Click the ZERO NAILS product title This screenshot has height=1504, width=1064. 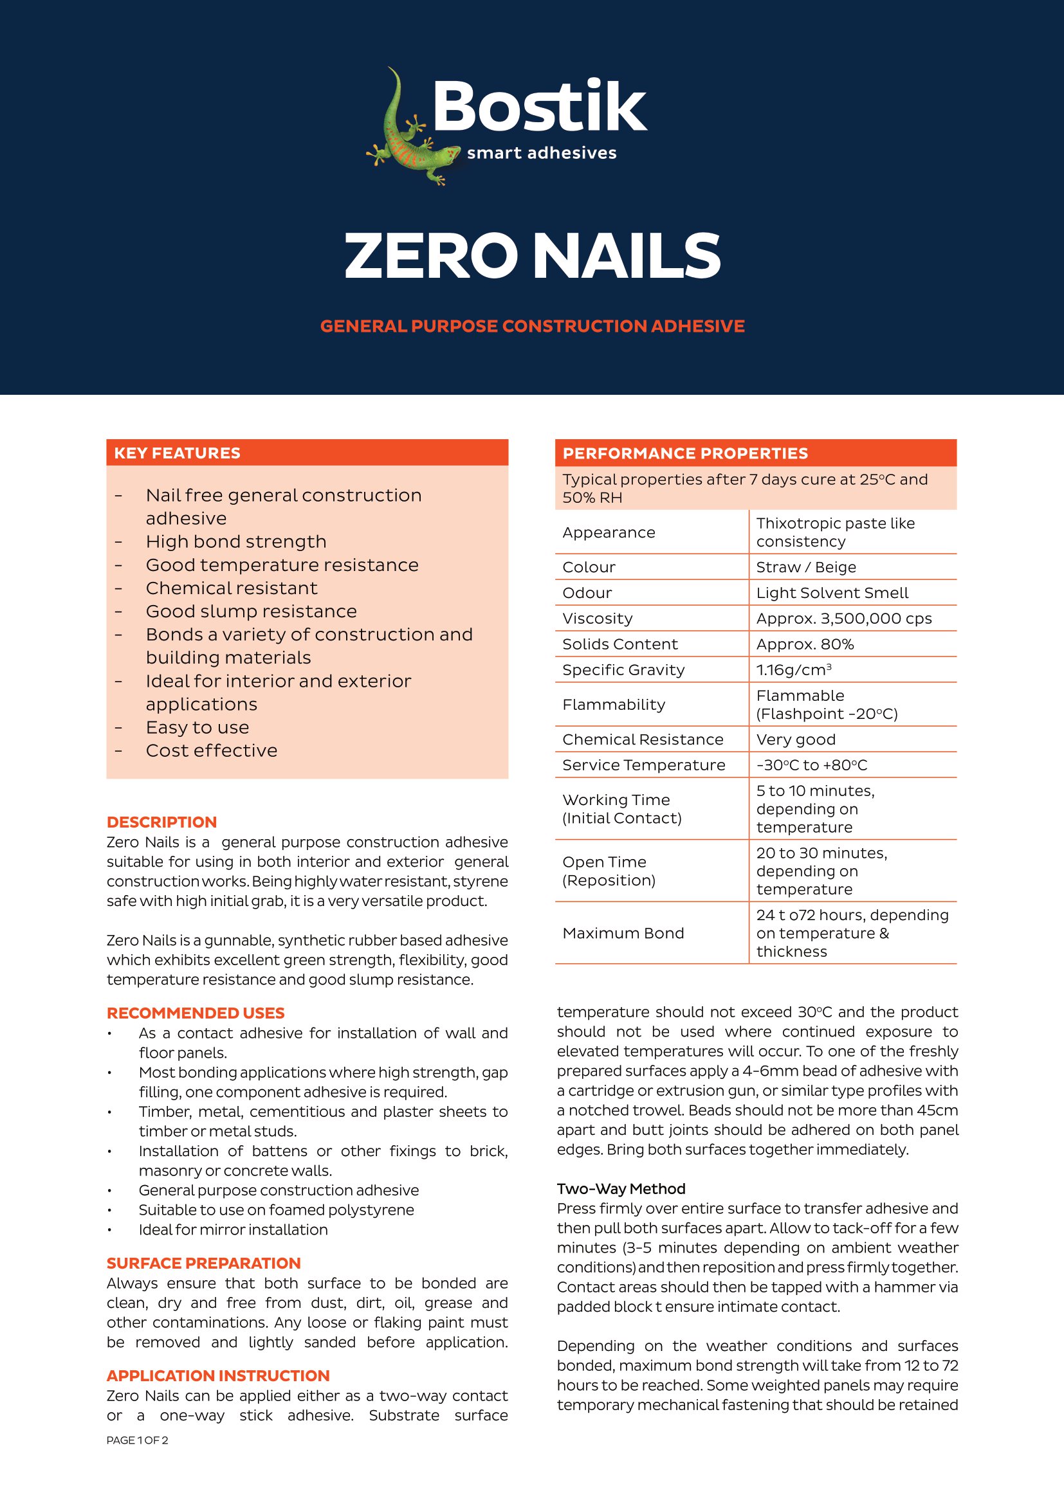(x=532, y=255)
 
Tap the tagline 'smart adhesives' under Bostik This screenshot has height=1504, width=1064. (x=541, y=153)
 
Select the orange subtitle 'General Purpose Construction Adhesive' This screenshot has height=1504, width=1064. (x=532, y=326)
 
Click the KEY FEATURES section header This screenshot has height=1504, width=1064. (x=177, y=453)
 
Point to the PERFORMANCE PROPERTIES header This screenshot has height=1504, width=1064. (x=684, y=453)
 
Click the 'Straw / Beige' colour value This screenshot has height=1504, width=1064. (x=806, y=567)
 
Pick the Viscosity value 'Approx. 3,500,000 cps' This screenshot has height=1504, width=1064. (x=843, y=619)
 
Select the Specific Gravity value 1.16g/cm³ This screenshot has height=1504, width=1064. (x=793, y=669)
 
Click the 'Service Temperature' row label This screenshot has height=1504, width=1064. (x=643, y=765)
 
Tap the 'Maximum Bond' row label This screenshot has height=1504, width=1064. (x=623, y=933)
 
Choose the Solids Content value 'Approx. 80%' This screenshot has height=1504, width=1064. (x=805, y=644)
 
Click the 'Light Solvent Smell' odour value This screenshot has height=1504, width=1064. (x=831, y=593)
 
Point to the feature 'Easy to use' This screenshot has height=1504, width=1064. (x=197, y=727)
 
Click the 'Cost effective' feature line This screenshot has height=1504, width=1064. (x=212, y=750)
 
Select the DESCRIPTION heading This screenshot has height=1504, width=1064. (x=161, y=822)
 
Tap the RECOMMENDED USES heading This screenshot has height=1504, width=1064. (x=196, y=1013)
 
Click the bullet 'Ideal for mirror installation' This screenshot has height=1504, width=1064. (x=233, y=1229)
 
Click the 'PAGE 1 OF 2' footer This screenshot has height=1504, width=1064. (x=137, y=1440)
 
